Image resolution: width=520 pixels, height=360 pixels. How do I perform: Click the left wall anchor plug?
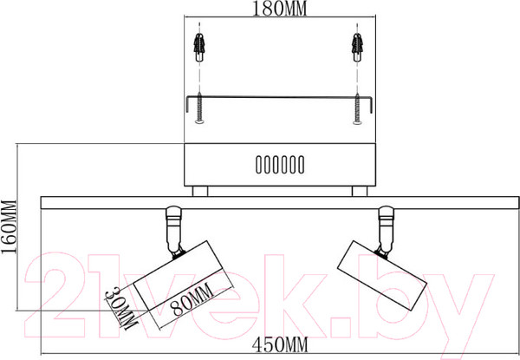coord(202,44)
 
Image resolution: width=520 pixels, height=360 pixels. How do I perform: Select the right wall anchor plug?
coord(355,44)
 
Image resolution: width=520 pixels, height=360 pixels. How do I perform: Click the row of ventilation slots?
coord(278,164)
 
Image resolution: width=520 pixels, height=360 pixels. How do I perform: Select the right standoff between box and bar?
coord(358,191)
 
